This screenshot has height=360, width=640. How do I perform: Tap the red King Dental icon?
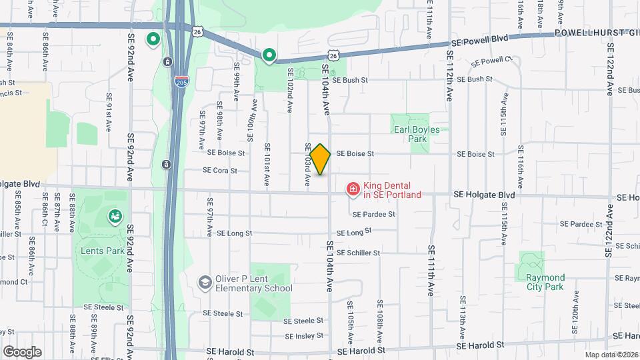(x=353, y=190)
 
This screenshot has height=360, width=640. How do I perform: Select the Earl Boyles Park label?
(x=417, y=134)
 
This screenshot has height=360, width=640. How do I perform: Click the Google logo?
(x=22, y=351)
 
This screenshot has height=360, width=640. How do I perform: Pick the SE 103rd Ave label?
(x=308, y=165)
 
